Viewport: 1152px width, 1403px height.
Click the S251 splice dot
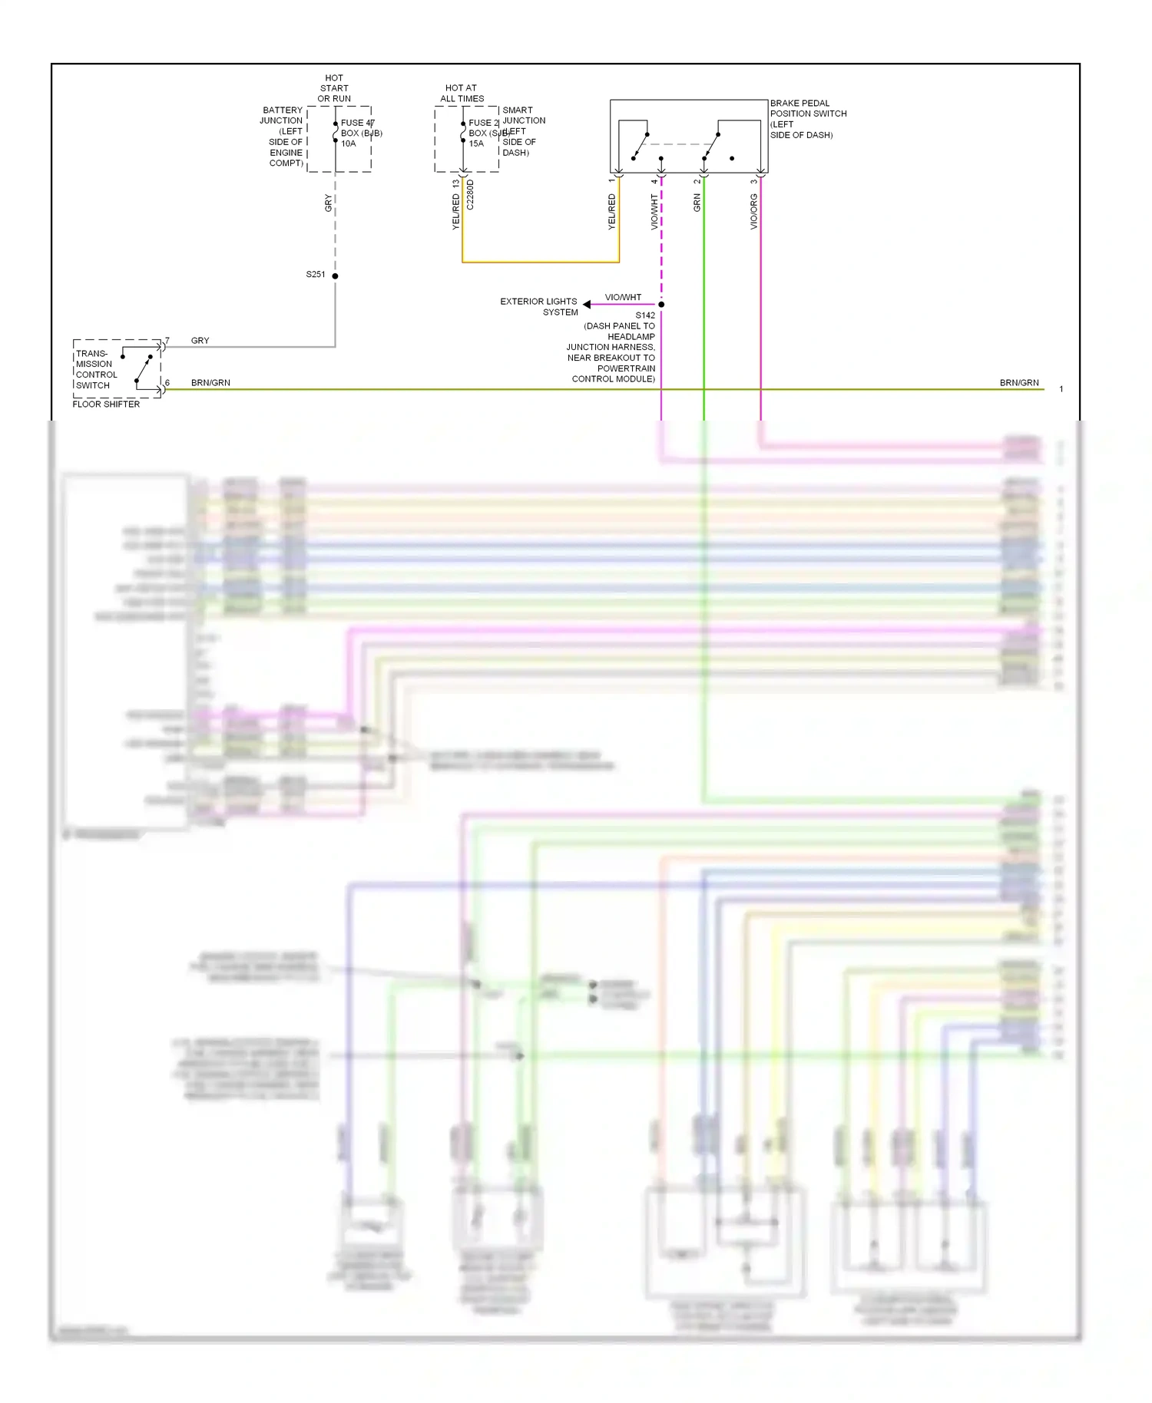[335, 276]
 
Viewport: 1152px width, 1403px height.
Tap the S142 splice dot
[661, 305]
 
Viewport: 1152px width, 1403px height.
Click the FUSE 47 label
[357, 123]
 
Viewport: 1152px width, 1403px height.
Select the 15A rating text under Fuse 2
[476, 144]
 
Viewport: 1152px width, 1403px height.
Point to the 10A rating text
[348, 144]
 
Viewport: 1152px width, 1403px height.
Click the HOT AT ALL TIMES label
[462, 94]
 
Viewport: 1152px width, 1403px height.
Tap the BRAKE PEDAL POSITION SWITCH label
[808, 114]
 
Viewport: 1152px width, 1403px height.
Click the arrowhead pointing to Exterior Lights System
[587, 305]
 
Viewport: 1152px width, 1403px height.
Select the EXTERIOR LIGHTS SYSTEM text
[539, 307]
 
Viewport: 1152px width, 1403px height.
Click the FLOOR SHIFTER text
[106, 404]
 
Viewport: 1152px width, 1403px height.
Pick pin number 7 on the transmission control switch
[167, 340]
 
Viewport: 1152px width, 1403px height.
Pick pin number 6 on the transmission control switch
[167, 382]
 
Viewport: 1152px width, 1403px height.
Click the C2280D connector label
[470, 195]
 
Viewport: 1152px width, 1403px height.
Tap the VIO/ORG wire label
[754, 211]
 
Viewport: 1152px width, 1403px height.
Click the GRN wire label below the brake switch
[697, 203]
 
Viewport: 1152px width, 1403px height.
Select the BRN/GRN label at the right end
[1019, 383]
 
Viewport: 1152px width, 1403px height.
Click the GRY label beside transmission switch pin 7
[200, 341]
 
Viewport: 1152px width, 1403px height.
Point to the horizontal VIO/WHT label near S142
[623, 298]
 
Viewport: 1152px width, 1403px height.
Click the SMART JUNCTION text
[524, 116]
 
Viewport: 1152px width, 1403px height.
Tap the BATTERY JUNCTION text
[282, 116]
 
